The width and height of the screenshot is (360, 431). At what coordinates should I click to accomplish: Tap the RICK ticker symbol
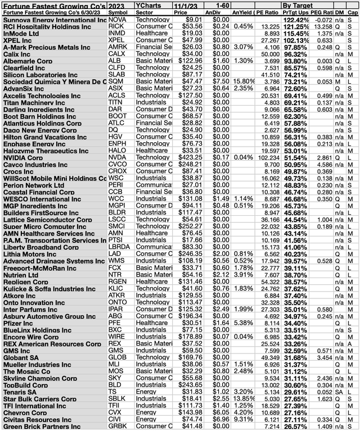pyautogui.click(x=114, y=25)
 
